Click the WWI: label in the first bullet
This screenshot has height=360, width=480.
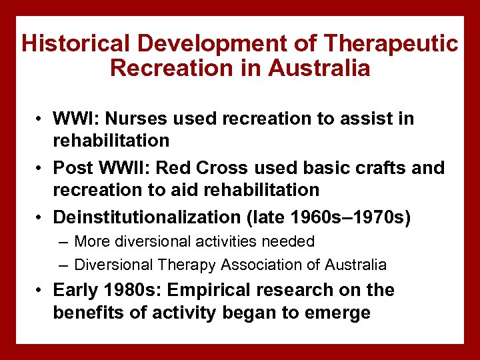(x=75, y=119)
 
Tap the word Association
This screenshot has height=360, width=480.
(x=263, y=265)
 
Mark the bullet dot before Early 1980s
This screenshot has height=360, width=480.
(x=41, y=291)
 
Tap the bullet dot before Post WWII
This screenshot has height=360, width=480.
(x=41, y=168)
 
